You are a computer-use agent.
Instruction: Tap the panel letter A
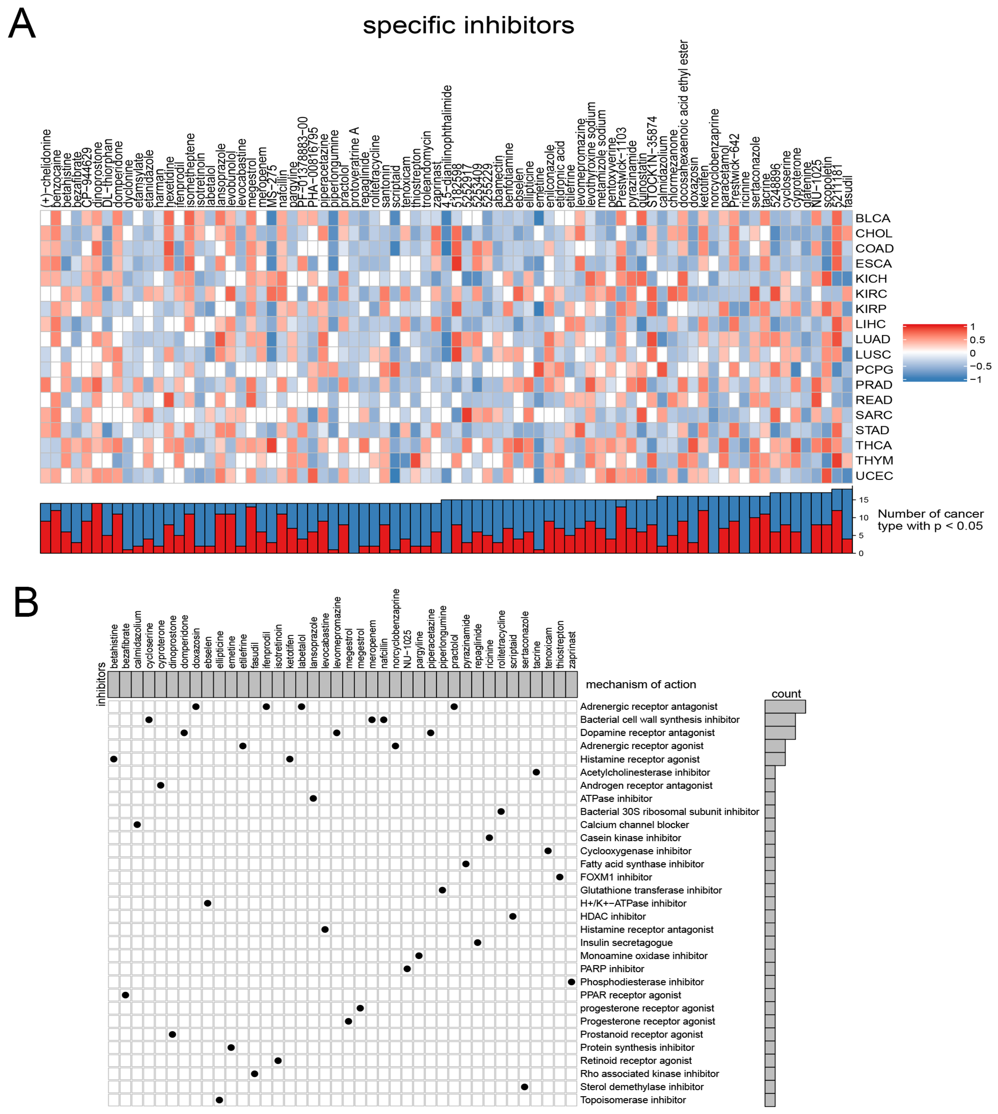(x=22, y=24)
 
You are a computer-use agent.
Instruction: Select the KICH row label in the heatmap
(x=871, y=278)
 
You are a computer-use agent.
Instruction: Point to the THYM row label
(x=874, y=461)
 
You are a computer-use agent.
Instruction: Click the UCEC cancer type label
(x=874, y=476)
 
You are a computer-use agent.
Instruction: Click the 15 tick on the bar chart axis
(x=864, y=500)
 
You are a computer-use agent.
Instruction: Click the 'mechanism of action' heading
(x=640, y=684)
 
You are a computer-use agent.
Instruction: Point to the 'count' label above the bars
(x=786, y=694)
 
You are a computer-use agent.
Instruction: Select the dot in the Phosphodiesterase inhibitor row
(x=571, y=982)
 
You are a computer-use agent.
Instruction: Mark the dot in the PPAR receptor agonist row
(x=126, y=995)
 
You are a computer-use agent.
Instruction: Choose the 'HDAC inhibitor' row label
(x=613, y=916)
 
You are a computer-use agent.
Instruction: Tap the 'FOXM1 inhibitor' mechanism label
(x=616, y=877)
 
